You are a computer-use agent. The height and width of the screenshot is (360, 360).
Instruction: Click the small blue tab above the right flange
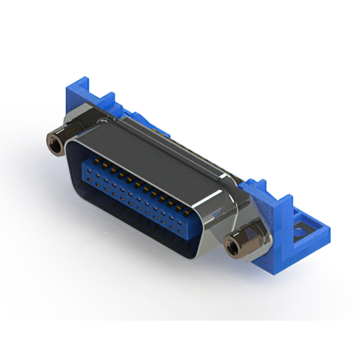point(256,186)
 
